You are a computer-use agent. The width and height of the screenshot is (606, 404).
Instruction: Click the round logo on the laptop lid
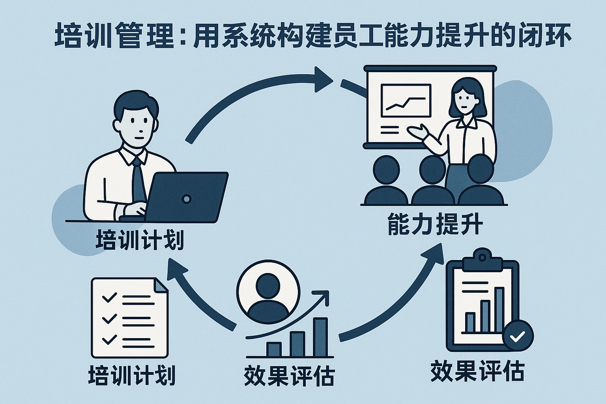186,199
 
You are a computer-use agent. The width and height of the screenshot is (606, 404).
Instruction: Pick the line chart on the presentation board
406,101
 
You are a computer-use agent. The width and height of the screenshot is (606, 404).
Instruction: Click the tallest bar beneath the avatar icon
320,337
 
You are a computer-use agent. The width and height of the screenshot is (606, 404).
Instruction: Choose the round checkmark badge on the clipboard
518,336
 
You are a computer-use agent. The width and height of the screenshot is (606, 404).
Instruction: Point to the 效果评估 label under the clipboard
477,371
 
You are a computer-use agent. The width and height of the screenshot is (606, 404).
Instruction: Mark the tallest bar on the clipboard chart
499,310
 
